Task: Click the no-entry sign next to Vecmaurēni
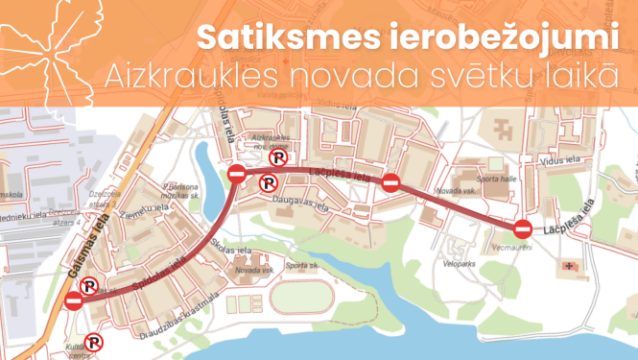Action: tap(523, 229)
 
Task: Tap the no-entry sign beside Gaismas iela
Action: tap(74, 302)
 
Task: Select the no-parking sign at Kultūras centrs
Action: tap(93, 341)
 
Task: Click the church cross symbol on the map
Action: tap(574, 263)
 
